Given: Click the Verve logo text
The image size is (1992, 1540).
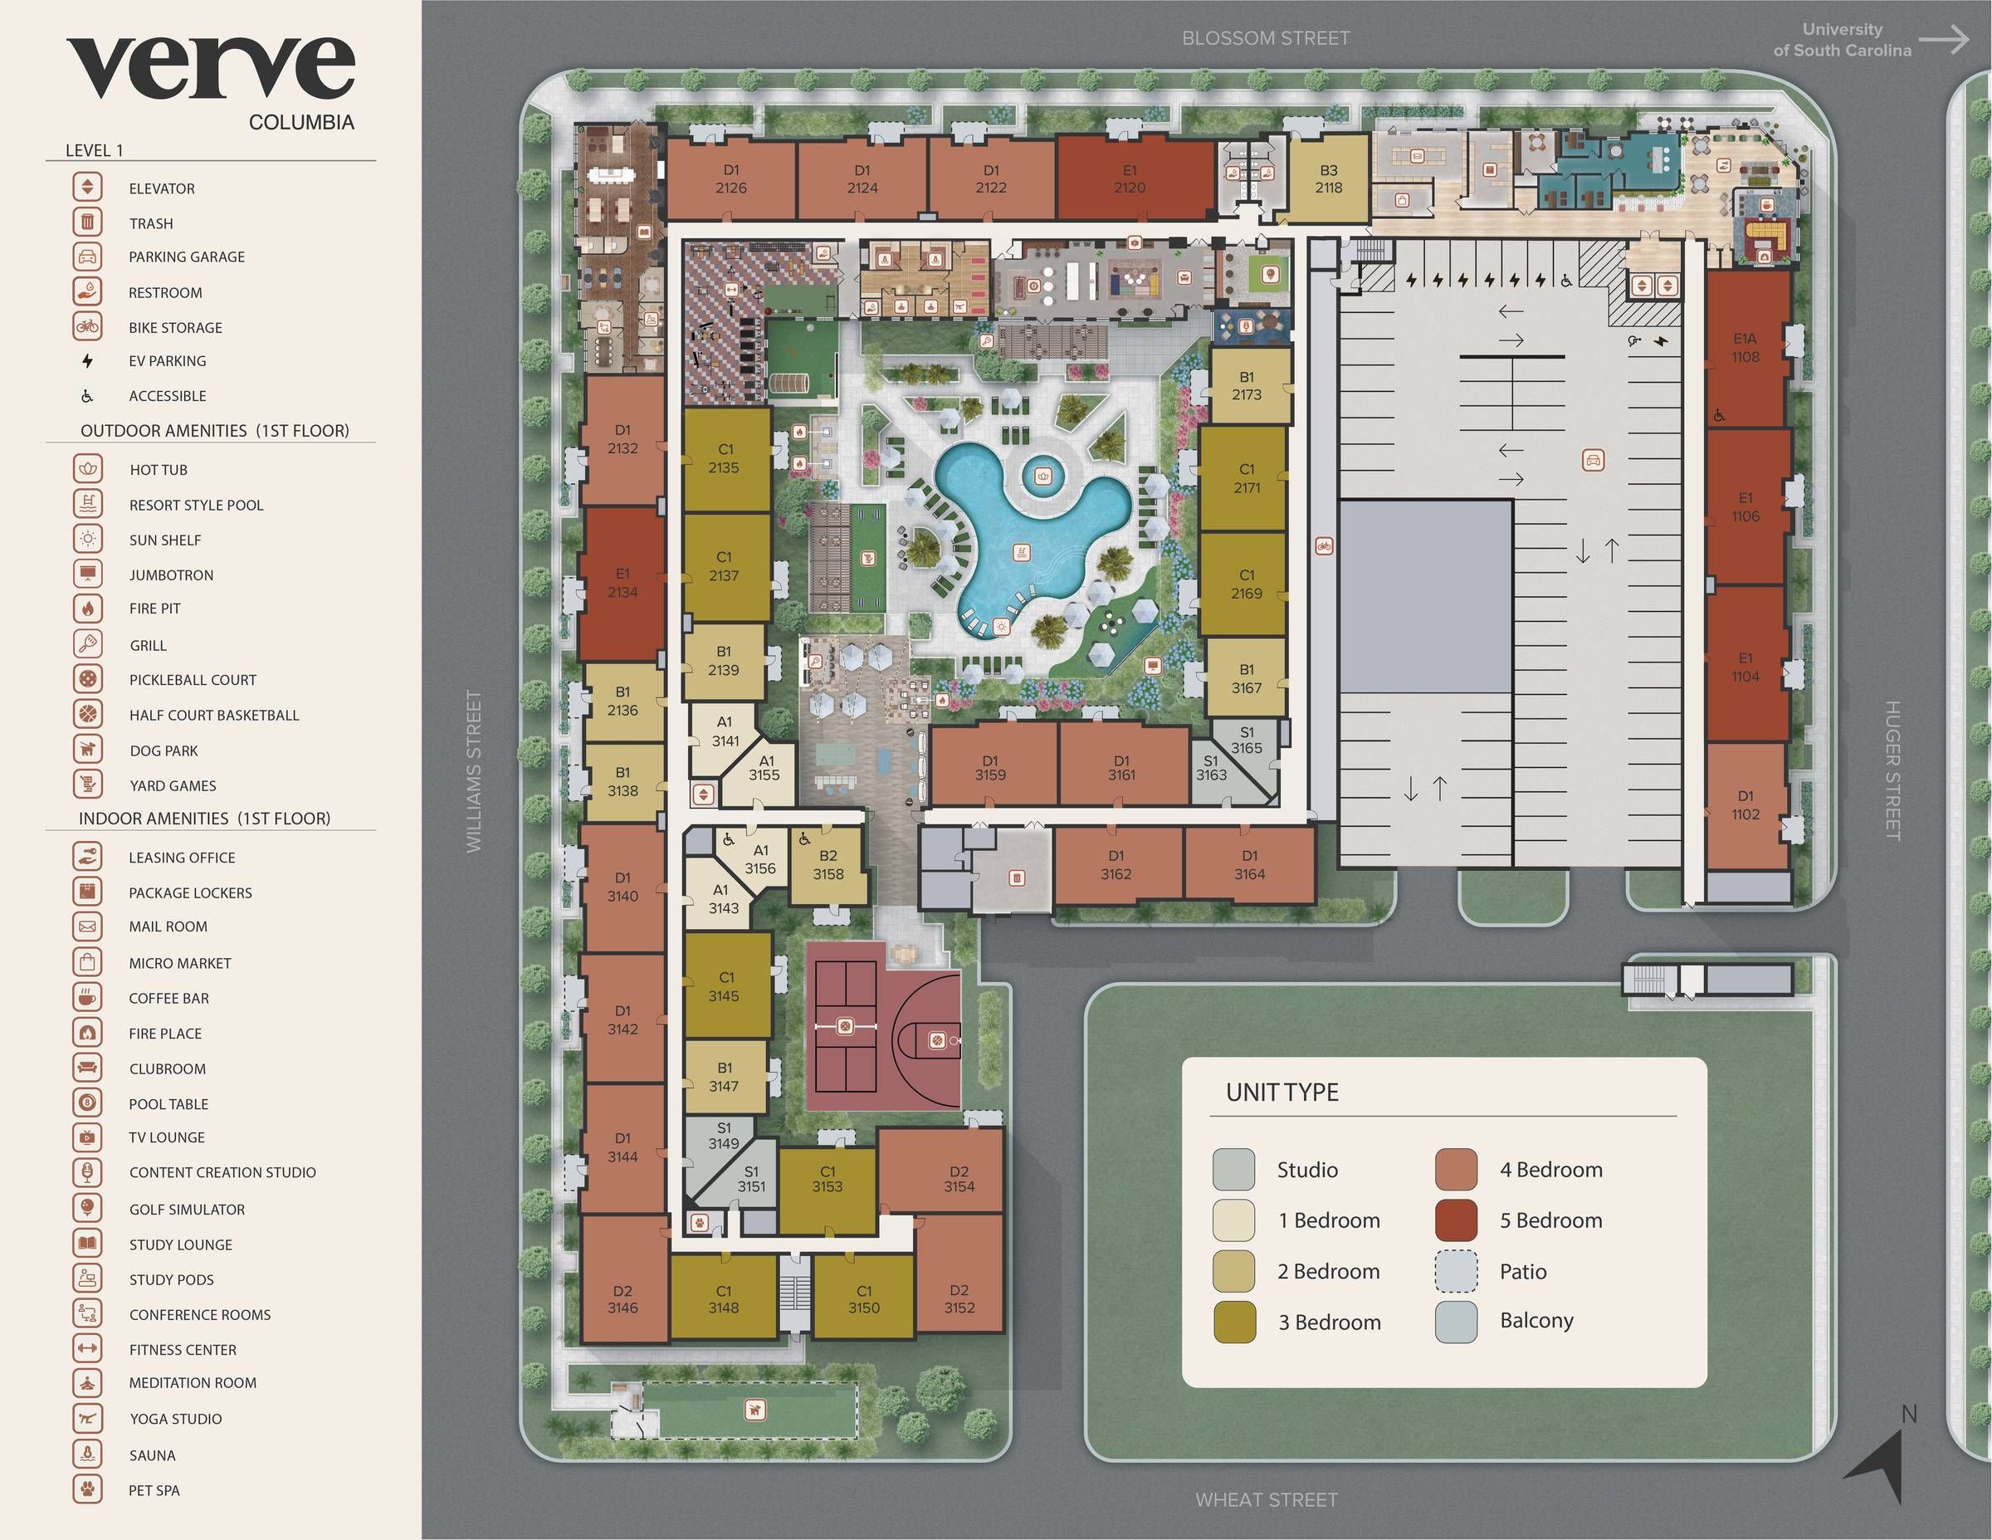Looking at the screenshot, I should tap(210, 68).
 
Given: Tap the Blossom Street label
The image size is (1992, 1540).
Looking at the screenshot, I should tap(1265, 38).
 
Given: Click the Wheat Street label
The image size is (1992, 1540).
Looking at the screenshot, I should tap(1266, 1500).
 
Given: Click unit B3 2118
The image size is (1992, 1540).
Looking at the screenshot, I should tap(1328, 178).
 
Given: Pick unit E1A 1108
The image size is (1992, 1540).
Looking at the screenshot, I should tap(1745, 348).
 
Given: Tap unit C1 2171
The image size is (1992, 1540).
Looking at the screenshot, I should tap(1246, 478).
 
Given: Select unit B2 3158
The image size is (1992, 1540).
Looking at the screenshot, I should tap(828, 865).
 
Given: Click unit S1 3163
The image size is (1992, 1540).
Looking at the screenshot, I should tap(1210, 768).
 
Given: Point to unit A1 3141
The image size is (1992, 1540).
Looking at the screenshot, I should tap(725, 731).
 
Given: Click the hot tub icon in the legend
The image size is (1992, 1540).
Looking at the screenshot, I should tap(87, 469).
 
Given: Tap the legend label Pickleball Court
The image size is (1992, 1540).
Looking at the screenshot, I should tap(193, 680).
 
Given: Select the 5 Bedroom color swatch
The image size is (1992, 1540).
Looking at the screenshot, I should tap(1456, 1220).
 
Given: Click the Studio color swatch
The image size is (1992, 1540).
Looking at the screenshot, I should tap(1233, 1170).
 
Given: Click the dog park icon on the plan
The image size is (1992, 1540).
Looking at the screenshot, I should tap(754, 1410).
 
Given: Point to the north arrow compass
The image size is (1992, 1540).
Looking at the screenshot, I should tap(1881, 1463).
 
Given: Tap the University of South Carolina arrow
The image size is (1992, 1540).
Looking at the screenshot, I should tap(1943, 39).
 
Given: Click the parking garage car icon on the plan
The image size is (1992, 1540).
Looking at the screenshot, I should tap(1593, 460).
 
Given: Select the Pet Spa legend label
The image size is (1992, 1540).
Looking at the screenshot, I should tap(154, 1490).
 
